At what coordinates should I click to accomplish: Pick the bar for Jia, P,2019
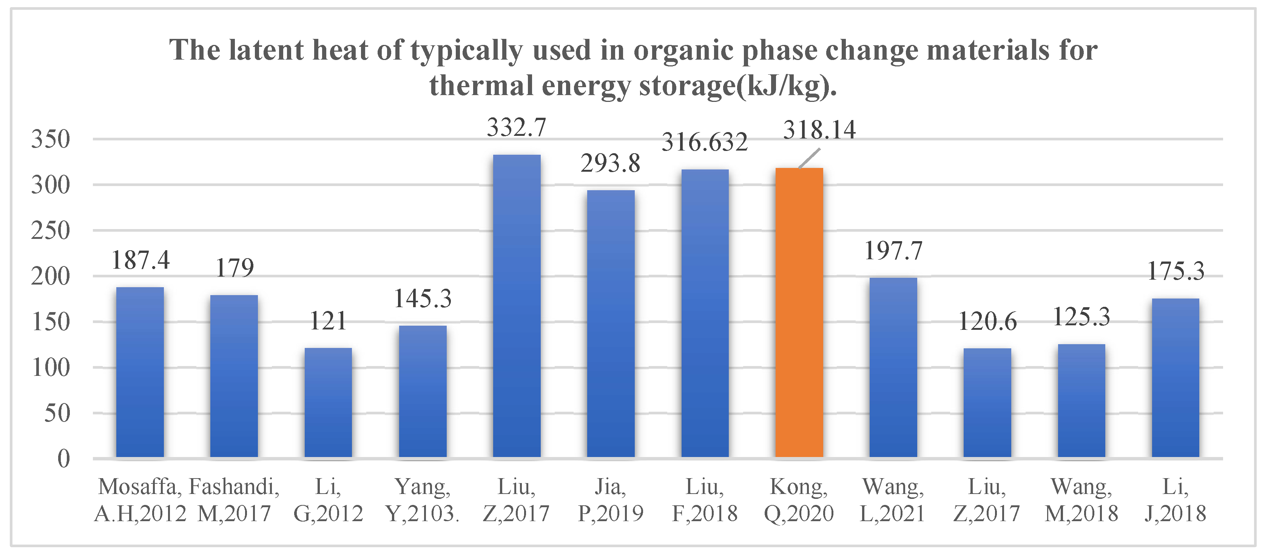[610, 323]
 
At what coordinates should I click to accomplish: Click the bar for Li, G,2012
[328, 402]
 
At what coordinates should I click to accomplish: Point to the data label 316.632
[705, 142]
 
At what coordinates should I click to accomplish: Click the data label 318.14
[819, 130]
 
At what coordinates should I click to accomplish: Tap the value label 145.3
[423, 299]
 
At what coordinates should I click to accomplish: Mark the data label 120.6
[987, 322]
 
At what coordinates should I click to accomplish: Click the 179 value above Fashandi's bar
[235, 268]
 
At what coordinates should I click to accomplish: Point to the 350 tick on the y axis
[51, 139]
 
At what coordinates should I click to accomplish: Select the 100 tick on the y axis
[51, 368]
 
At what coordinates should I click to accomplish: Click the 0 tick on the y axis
[63, 459]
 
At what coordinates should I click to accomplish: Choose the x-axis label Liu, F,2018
[705, 500]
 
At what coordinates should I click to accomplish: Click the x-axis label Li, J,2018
[1175, 500]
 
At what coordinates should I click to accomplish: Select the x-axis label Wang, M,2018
[1081, 500]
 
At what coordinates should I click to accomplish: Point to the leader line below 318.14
[809, 159]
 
